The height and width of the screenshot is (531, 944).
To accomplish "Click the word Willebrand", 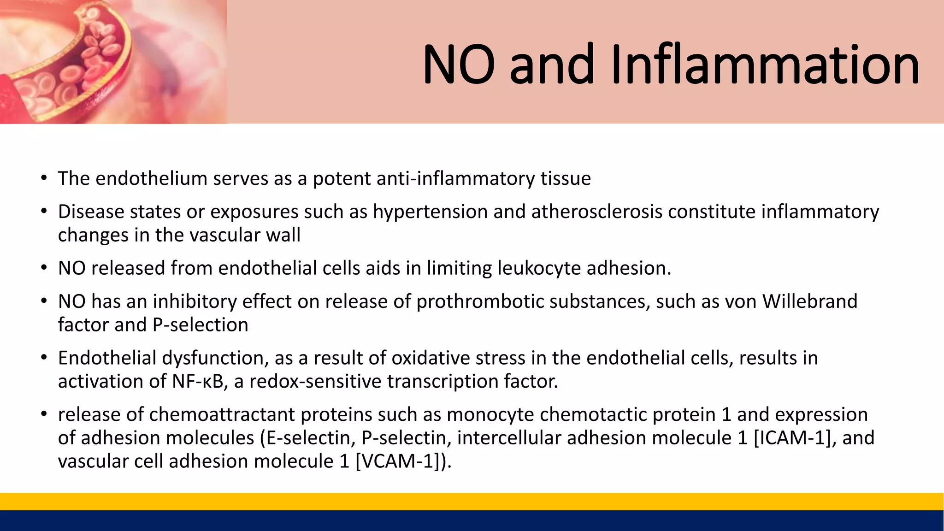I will tap(809, 302).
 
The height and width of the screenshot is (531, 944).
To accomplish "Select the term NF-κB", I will tap(198, 382).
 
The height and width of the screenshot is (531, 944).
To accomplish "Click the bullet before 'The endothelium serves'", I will tap(44, 178).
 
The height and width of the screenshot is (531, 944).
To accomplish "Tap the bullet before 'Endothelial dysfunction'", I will tap(44, 358).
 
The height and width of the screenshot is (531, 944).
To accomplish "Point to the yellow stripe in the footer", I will tap(472, 501).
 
